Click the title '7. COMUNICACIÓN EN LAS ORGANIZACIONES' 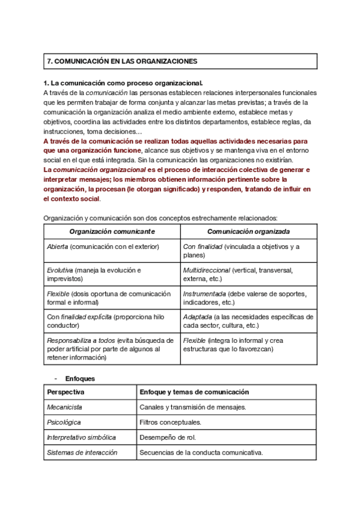[122, 61]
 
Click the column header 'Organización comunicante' [112, 232]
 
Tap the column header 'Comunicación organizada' [248, 232]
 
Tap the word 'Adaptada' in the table [197, 317]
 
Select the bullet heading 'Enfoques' [80, 379]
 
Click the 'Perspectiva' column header [66, 392]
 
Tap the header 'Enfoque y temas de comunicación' [194, 392]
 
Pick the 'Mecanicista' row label [65, 407]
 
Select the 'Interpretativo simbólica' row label [81, 437]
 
